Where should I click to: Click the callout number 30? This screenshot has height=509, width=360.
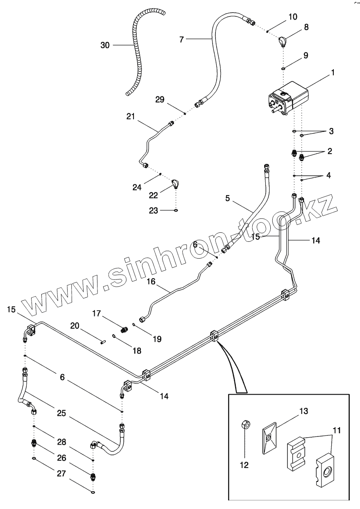tap(105, 45)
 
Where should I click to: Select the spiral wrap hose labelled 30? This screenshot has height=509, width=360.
tap(138, 53)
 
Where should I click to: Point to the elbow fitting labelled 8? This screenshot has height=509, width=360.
tap(283, 41)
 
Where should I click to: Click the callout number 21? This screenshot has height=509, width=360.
tap(131, 117)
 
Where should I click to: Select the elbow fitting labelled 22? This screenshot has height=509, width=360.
tap(176, 184)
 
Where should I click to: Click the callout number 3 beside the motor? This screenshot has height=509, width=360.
tap(331, 132)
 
